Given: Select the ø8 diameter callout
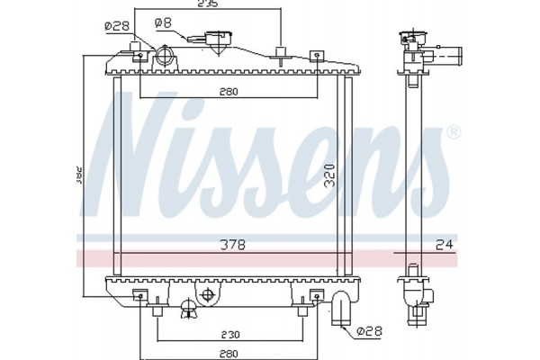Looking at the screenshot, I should (x=163, y=21).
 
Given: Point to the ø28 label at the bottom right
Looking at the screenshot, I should (x=366, y=332).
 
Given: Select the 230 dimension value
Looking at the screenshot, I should (x=229, y=333).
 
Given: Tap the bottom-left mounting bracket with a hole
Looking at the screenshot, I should (x=140, y=296).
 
